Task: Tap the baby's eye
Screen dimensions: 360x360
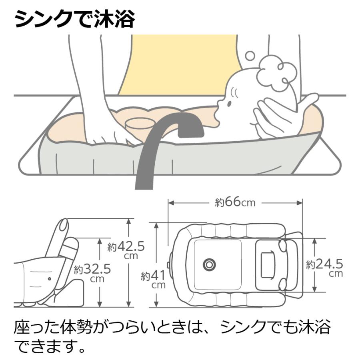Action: pyautogui.click(x=230, y=103)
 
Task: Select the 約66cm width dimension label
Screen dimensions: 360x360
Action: pyautogui.click(x=235, y=202)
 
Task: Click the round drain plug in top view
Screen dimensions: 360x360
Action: pyautogui.click(x=209, y=264)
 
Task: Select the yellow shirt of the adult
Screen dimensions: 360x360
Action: pyautogui.click(x=180, y=64)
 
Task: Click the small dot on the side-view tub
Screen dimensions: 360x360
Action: pyautogui.click(x=49, y=279)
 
